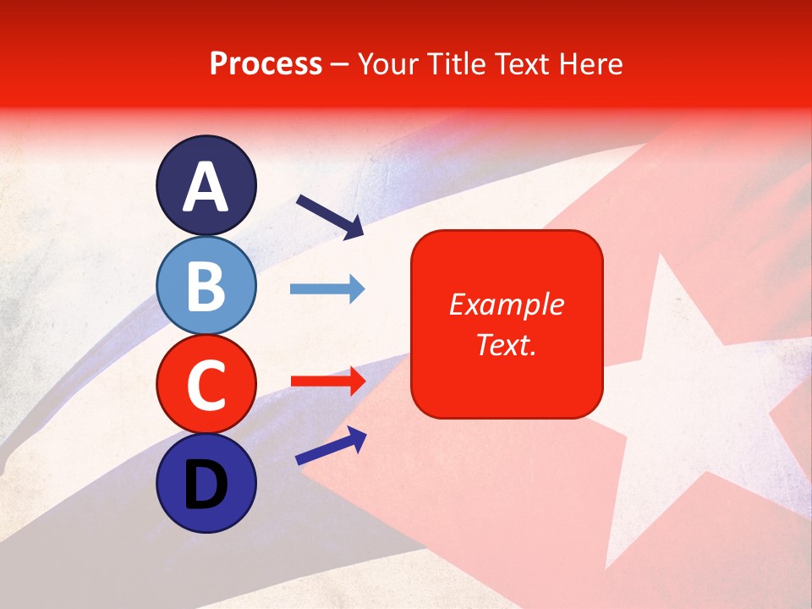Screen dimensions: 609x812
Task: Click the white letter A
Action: point(206,187)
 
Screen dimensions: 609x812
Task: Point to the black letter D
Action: point(206,485)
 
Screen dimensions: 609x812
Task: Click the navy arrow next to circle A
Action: point(330,216)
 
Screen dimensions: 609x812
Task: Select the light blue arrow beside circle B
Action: point(327,289)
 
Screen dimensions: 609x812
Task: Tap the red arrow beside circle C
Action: point(327,381)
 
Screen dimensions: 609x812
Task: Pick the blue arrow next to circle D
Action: point(331,447)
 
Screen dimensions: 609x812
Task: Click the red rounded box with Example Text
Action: point(507,324)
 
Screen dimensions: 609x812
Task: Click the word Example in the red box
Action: point(507,304)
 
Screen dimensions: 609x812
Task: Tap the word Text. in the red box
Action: point(507,344)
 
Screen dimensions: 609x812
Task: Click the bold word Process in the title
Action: point(266,63)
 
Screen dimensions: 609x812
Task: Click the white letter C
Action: point(206,386)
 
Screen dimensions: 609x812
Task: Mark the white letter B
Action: point(206,286)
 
